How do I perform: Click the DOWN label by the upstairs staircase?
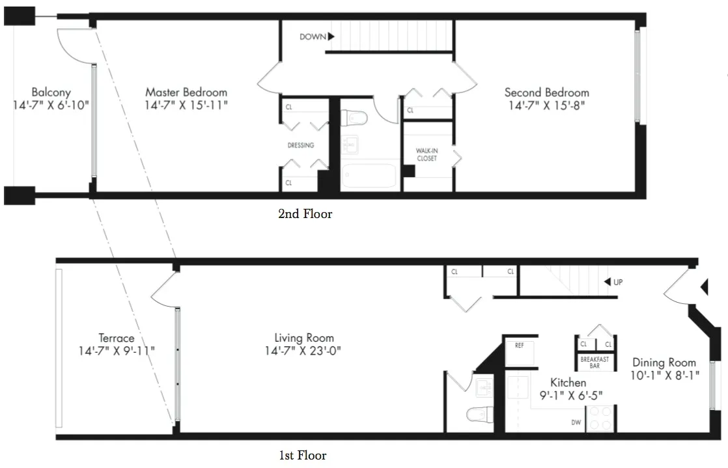click(313, 37)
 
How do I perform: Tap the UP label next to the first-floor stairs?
click(619, 282)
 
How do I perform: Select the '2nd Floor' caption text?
click(305, 213)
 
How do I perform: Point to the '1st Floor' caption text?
click(303, 456)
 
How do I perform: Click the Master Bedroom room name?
click(186, 92)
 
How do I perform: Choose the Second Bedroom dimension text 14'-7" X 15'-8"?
click(546, 105)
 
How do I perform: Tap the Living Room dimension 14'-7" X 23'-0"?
click(304, 350)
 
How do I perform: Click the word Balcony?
click(51, 92)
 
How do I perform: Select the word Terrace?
click(117, 338)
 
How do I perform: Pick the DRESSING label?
click(301, 146)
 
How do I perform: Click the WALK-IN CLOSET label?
click(427, 154)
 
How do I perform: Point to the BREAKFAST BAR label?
click(595, 363)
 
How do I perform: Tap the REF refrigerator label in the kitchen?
click(519, 346)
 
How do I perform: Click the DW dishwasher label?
click(576, 422)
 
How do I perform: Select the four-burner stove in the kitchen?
click(599, 419)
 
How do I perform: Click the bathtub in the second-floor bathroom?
click(369, 176)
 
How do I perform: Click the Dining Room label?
click(664, 363)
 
